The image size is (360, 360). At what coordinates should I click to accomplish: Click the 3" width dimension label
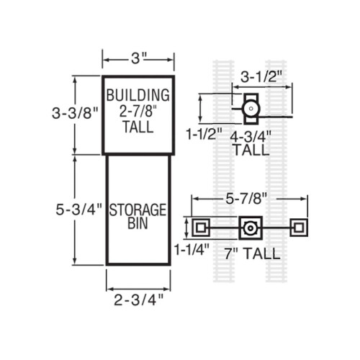coord(139,58)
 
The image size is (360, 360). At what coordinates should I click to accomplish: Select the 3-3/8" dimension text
coord(75,113)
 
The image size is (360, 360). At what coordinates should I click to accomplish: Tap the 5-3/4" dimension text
coord(79,210)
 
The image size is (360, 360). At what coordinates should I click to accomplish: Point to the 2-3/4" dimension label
coord(138,300)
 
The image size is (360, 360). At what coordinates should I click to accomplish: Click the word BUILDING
coord(138,95)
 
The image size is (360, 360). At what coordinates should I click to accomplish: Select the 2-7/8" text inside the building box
coord(138,111)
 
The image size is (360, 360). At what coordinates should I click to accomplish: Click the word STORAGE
coord(138,210)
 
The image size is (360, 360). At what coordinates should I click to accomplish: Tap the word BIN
coord(138,223)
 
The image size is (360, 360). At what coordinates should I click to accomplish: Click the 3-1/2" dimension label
coord(261,77)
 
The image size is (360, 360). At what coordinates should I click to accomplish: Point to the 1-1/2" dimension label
coord(204,134)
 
